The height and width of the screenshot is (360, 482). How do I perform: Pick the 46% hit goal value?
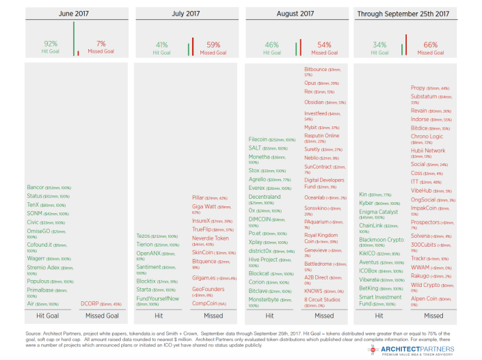[271, 44]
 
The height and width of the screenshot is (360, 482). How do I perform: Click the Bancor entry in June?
[36, 187]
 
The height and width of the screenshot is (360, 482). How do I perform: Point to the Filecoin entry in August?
[263, 139]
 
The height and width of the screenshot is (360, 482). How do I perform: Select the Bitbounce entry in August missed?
[319, 69]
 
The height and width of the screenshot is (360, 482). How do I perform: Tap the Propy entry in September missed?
[418, 88]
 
